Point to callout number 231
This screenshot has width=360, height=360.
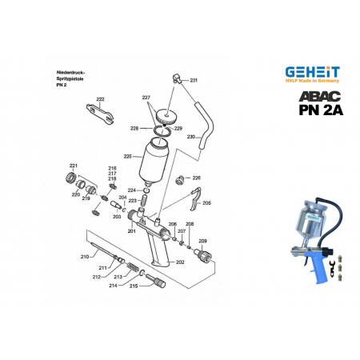(194, 81)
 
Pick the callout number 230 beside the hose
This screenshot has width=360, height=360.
(191, 137)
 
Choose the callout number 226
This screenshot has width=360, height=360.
(196, 178)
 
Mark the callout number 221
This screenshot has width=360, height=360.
(74, 165)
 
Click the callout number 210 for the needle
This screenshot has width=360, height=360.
(84, 256)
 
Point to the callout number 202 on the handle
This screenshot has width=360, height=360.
(180, 262)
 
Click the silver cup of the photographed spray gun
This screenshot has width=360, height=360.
(308, 217)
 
